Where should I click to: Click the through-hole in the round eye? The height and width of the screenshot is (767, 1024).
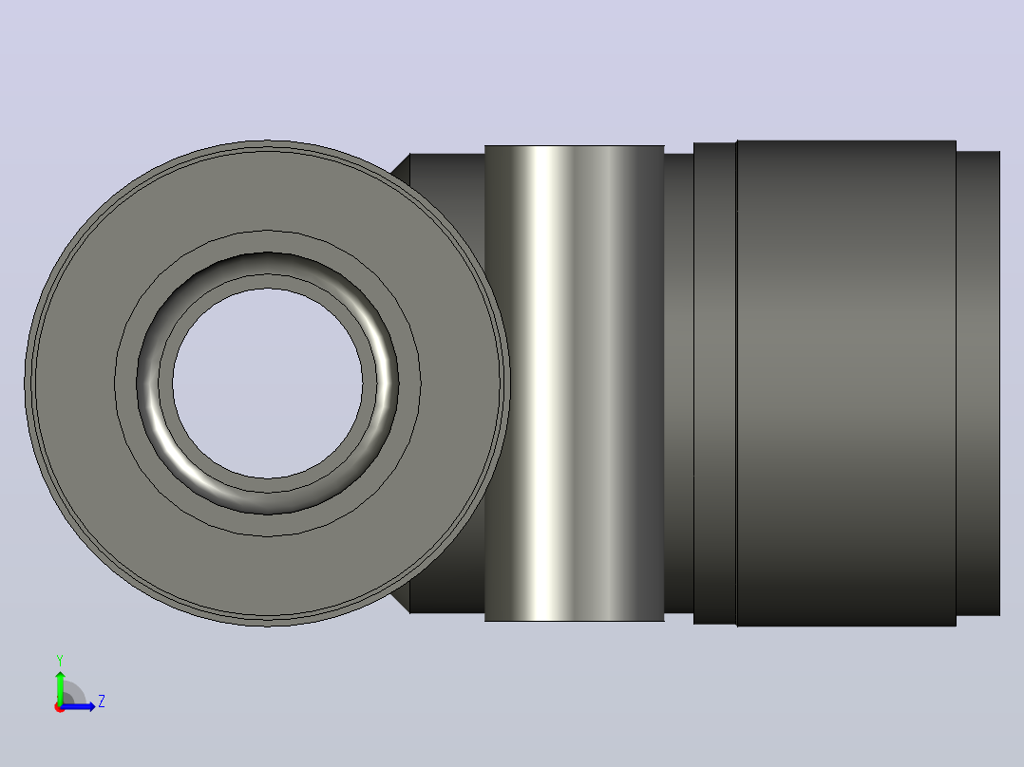point(267,383)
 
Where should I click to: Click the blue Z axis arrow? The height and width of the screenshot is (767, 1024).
point(78,706)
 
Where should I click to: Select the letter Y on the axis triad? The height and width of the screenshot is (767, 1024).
point(60,661)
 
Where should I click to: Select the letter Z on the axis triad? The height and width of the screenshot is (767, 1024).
point(102,702)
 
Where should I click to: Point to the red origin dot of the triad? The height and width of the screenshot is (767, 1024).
point(60,707)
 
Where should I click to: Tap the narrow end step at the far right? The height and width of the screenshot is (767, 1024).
point(978,383)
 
